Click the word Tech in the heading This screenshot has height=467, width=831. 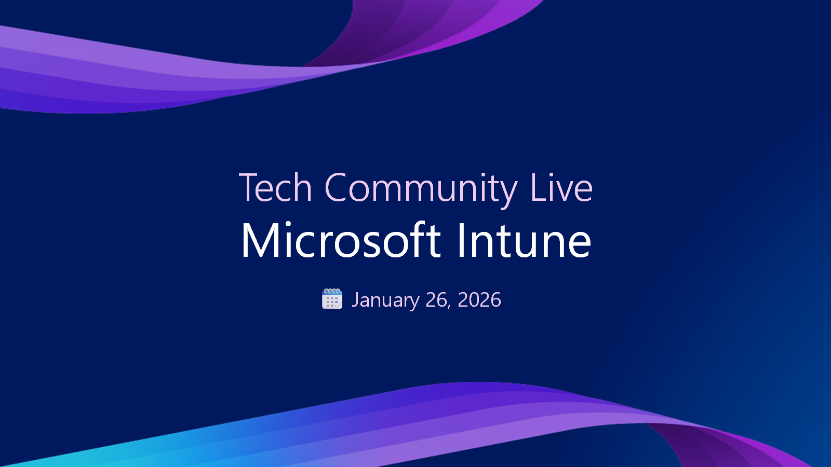point(275,188)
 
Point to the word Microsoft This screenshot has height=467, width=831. point(341,241)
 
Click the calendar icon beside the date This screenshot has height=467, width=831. point(332,299)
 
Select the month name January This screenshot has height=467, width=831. point(385,300)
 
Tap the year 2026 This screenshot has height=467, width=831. point(479,300)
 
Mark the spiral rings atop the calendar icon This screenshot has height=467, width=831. point(332,292)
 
